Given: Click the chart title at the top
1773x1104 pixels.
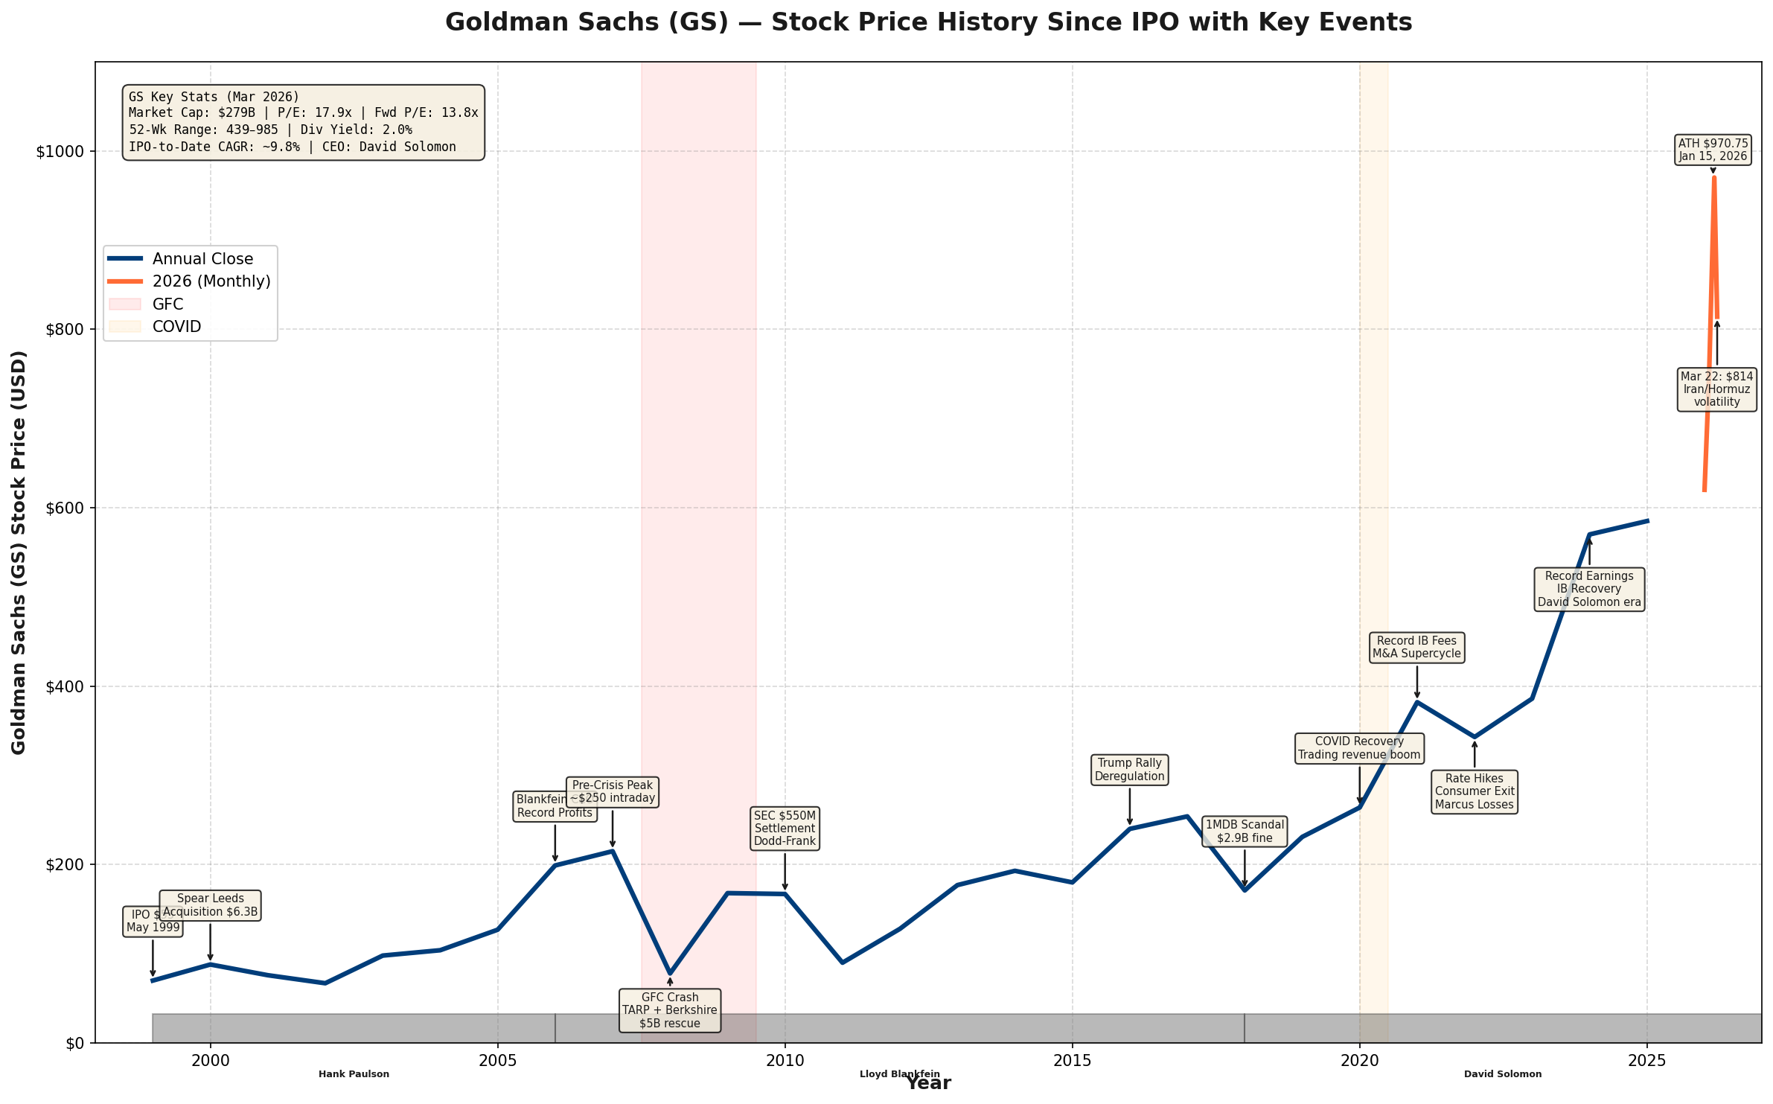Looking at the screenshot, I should click(927, 22).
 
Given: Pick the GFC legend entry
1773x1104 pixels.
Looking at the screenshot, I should click(167, 304).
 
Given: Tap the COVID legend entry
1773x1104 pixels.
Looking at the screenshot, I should click(176, 327).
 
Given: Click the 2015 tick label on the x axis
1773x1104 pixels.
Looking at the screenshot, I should click(1072, 1060).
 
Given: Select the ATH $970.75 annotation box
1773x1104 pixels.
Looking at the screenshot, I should click(1713, 150).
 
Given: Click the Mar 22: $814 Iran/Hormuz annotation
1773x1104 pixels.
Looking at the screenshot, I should click(1716, 389).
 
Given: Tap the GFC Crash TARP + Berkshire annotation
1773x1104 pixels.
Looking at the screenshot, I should click(669, 1010).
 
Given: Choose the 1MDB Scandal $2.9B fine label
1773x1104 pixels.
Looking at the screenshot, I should click(1245, 832).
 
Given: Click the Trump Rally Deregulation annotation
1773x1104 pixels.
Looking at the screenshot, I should click(1129, 770).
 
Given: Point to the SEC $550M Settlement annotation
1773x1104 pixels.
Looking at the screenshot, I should click(785, 829).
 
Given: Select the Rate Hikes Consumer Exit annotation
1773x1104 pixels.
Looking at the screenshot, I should click(1474, 791).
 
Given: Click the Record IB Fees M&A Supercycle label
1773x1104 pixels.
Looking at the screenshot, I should click(1416, 647).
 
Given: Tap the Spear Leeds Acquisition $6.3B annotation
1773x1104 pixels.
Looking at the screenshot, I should click(211, 905).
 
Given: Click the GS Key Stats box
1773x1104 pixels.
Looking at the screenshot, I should click(303, 122).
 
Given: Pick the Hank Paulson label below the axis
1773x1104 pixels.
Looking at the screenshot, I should click(354, 1074).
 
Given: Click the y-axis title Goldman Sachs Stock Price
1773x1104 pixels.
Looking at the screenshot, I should click(19, 552).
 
